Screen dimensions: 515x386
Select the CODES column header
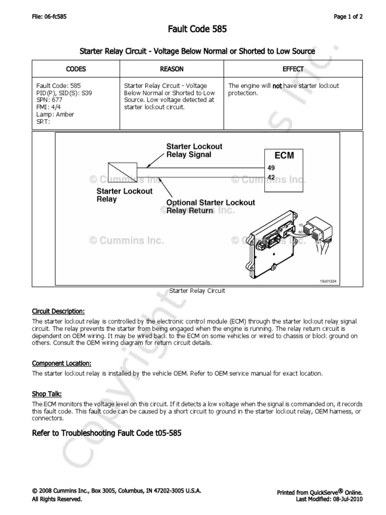point(75,69)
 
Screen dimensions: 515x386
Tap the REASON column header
point(171,69)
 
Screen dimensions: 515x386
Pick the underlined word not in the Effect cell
point(277,86)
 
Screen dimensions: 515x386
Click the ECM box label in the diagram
point(284,156)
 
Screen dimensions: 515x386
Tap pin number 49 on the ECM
point(271,168)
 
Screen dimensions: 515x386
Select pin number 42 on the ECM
point(271,177)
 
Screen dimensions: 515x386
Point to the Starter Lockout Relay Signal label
point(194,150)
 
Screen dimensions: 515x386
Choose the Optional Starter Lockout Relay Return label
point(211,206)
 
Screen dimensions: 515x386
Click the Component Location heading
point(61,363)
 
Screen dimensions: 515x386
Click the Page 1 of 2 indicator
point(348,17)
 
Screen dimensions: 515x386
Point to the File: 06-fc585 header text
point(49,17)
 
